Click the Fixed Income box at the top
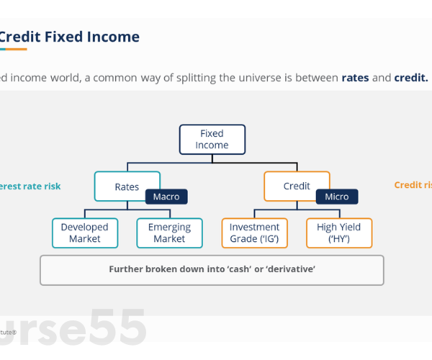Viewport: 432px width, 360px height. click(x=212, y=139)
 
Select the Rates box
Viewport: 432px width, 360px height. click(x=127, y=186)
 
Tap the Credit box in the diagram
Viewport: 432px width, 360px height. click(x=297, y=186)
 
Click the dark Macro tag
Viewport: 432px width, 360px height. click(x=166, y=197)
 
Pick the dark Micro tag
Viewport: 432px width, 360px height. click(x=336, y=197)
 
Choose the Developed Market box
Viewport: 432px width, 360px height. click(x=85, y=233)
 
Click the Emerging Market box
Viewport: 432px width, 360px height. click(x=169, y=233)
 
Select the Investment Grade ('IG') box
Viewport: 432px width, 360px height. click(x=254, y=233)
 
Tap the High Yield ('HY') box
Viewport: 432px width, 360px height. click(x=339, y=233)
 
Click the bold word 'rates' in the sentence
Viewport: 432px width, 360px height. click(x=355, y=78)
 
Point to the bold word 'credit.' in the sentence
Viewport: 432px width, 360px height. click(x=411, y=78)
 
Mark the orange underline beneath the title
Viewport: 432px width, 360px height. click(x=13, y=49)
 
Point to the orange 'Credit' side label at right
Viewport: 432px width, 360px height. click(x=409, y=185)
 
